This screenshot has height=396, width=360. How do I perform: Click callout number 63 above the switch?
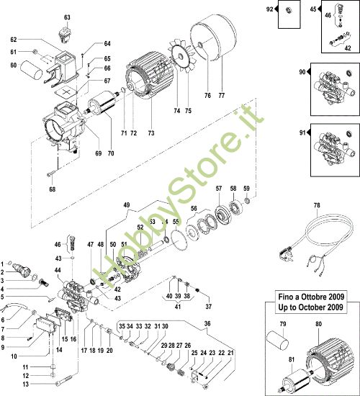(x=67, y=17)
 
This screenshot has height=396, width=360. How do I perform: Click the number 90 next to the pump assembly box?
(x=301, y=72)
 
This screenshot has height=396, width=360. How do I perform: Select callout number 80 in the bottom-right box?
(x=318, y=323)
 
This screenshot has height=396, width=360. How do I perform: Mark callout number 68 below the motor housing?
(x=51, y=189)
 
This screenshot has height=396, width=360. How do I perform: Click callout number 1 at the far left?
(x=4, y=263)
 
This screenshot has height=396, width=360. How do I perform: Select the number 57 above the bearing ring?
(x=217, y=188)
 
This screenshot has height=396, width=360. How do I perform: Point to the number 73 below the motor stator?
(x=152, y=133)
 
